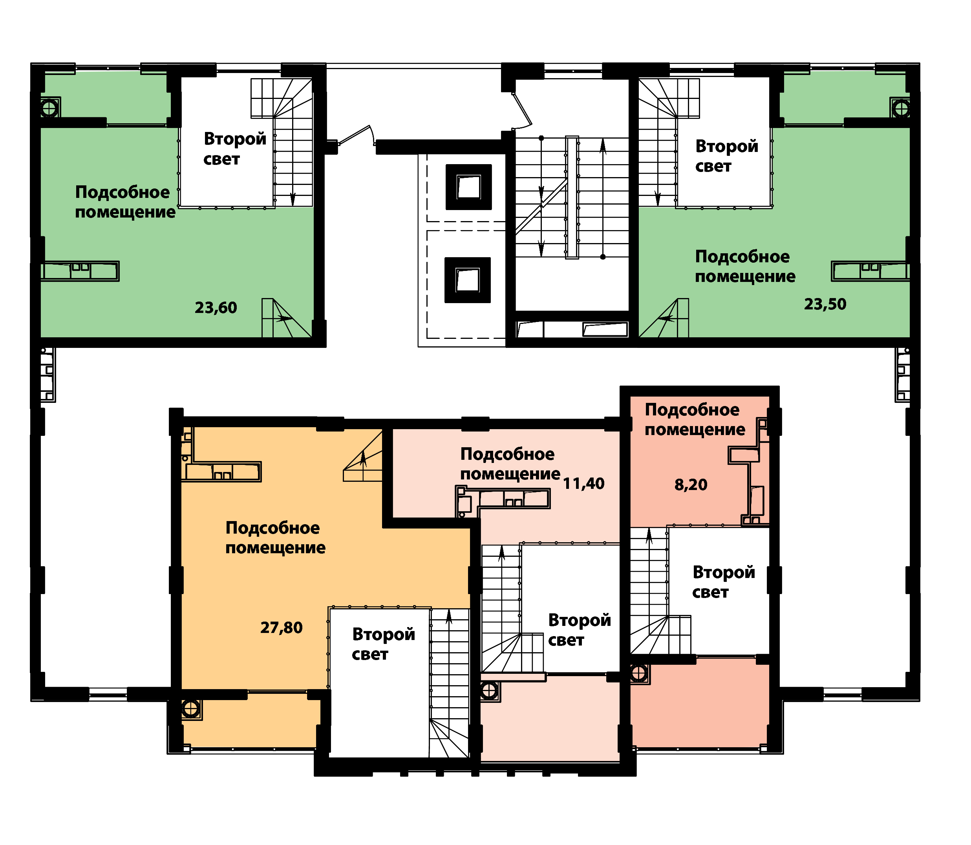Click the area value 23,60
[216, 308]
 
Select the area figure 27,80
[281, 627]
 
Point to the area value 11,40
[583, 483]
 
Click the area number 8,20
[691, 485]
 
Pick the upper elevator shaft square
[468, 187]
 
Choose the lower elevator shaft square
[467, 280]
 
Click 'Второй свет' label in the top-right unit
[727, 156]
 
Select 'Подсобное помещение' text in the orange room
[275, 538]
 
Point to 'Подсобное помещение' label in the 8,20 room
[695, 420]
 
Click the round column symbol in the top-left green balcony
[49, 109]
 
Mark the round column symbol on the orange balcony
[190, 709]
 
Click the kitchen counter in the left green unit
[80, 272]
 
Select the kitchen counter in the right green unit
[870, 271]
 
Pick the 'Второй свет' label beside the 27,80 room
[383, 644]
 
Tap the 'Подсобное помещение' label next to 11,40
[510, 464]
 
